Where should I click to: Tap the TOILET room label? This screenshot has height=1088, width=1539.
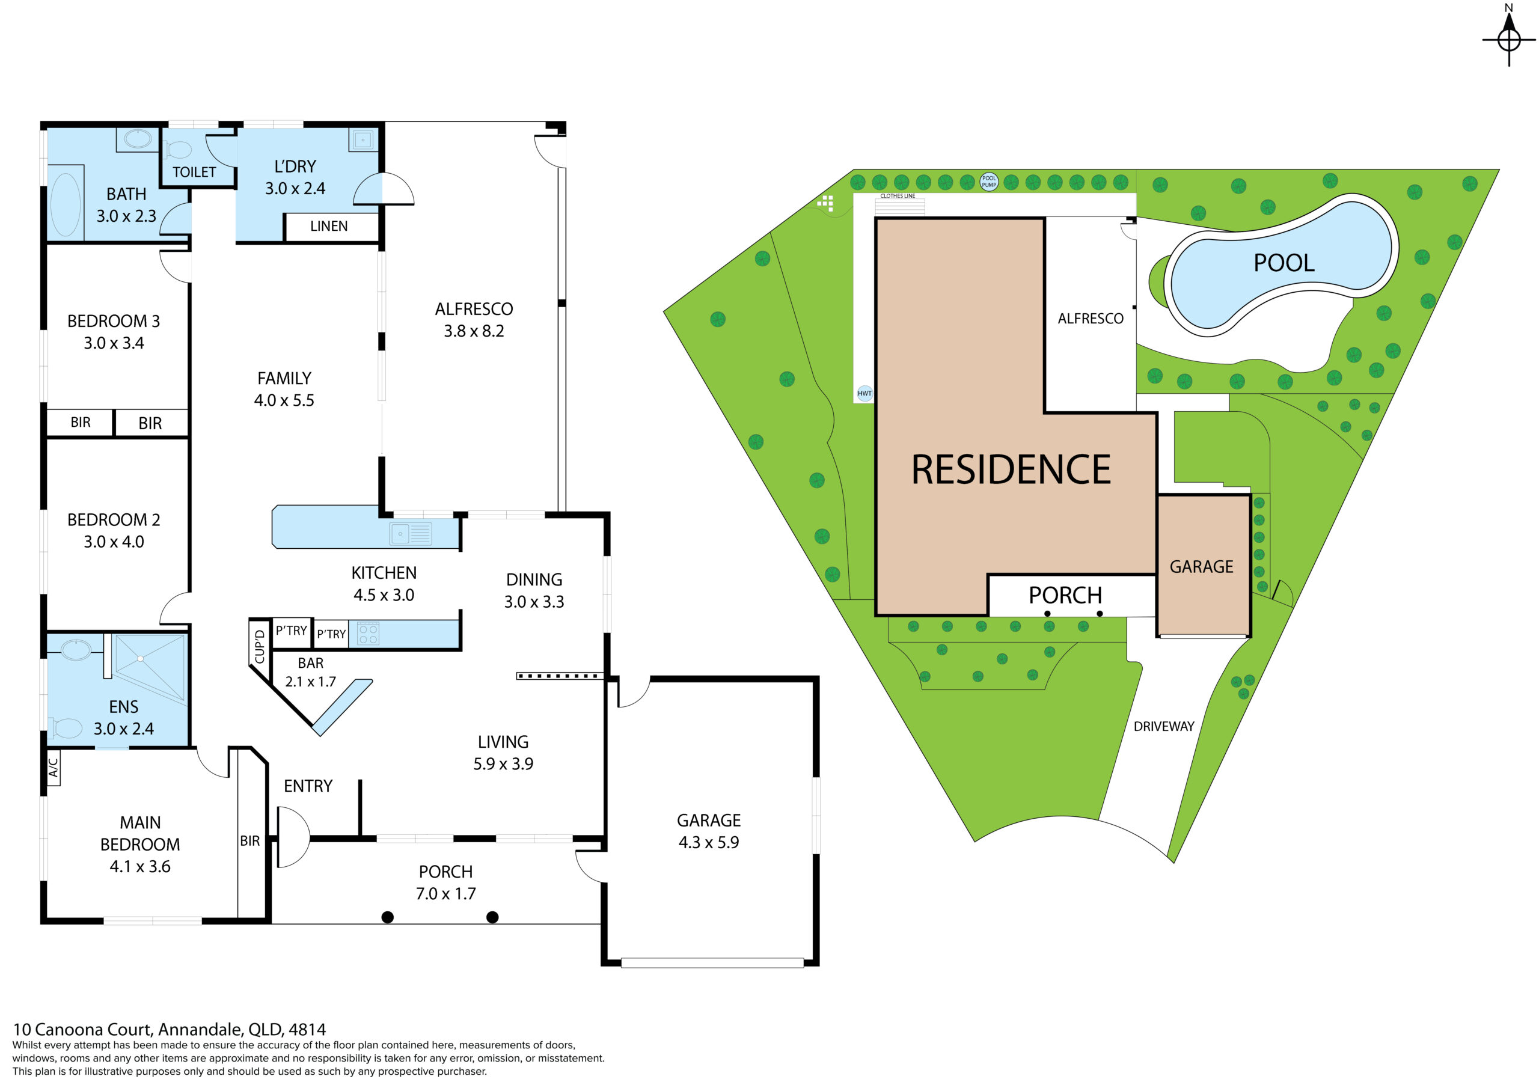[x=194, y=173]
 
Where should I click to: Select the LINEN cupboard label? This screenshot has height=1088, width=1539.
[x=328, y=226]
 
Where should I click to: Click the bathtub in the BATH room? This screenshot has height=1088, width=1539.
[x=66, y=204]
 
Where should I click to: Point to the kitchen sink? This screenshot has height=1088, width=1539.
[x=411, y=534]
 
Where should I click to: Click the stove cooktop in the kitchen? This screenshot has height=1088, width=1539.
[x=368, y=634]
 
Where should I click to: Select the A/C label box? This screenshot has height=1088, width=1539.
[x=54, y=767]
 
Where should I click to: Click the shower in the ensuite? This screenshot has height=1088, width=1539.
[x=150, y=668]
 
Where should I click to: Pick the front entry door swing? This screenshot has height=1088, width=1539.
[x=293, y=837]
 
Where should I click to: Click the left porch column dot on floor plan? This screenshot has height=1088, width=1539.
[x=387, y=917]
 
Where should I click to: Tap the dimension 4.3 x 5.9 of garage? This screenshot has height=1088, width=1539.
[x=709, y=843]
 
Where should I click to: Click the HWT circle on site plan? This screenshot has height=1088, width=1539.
[x=864, y=394]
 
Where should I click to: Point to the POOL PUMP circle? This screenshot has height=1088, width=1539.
[x=989, y=181]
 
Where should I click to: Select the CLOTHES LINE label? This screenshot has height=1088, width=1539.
[x=898, y=197]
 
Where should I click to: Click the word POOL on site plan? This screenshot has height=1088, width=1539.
[x=1284, y=263]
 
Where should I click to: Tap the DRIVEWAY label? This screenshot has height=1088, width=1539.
[x=1164, y=727]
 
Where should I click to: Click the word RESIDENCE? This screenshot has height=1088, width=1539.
[x=1011, y=469]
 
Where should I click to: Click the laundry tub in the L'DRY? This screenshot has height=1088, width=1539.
[x=363, y=140]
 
